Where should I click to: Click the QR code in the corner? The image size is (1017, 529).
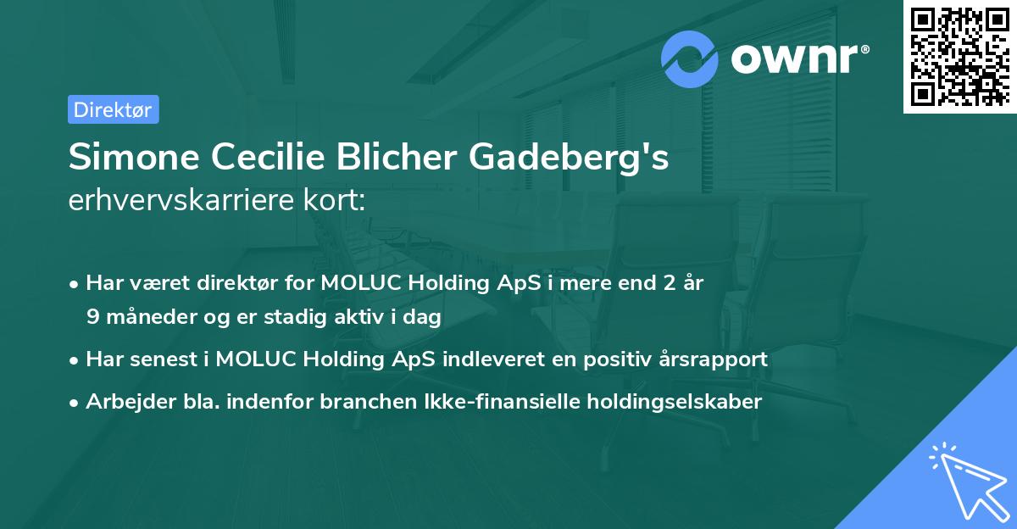click(x=960, y=57)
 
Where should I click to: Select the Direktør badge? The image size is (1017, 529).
click(x=114, y=109)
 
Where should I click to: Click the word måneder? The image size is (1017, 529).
click(x=139, y=317)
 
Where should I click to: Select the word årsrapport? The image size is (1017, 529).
click(x=717, y=359)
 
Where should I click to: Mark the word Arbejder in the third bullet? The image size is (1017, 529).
click(x=123, y=402)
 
